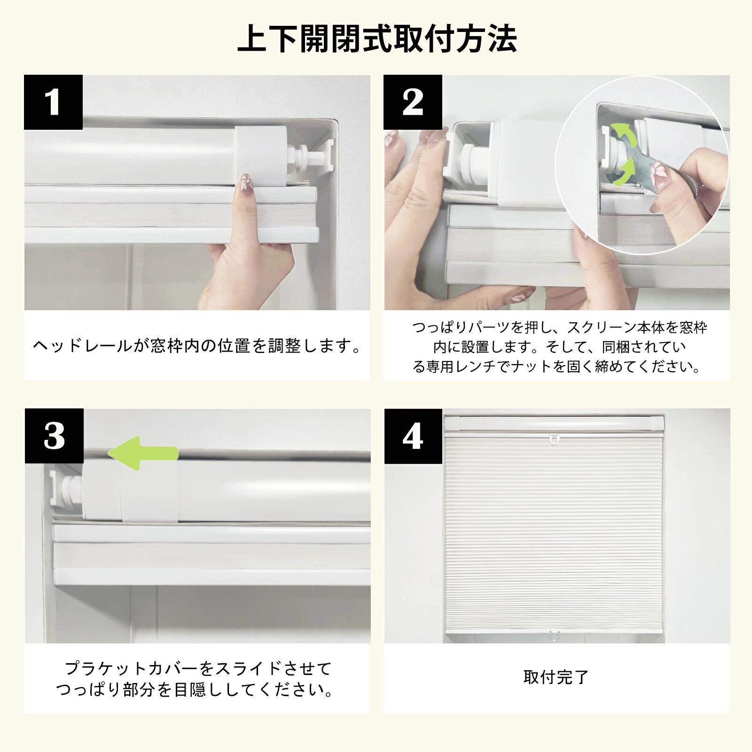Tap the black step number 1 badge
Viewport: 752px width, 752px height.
[x=54, y=102]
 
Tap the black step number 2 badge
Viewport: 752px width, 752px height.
[x=413, y=102]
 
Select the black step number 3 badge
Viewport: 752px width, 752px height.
[x=54, y=436]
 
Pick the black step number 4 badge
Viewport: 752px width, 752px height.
[x=413, y=437]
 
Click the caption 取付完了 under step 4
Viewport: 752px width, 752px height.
[x=556, y=677]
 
